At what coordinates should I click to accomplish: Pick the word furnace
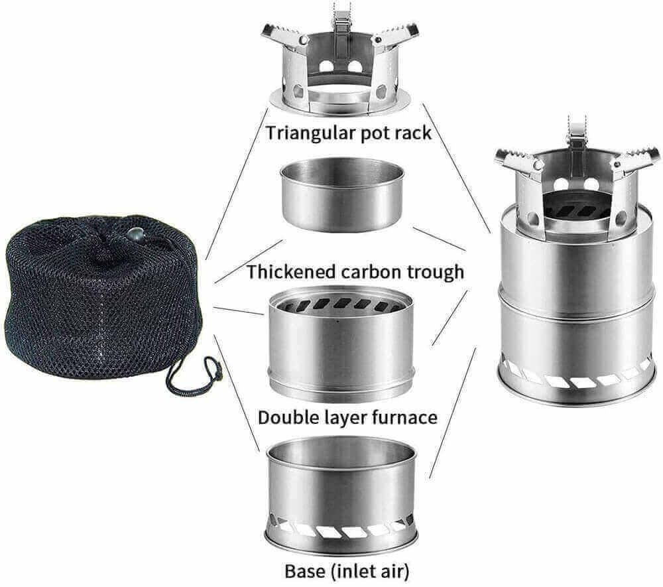coord(405,417)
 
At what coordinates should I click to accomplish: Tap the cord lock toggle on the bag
coord(136,234)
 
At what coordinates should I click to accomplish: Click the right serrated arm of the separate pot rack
coord(396,36)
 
